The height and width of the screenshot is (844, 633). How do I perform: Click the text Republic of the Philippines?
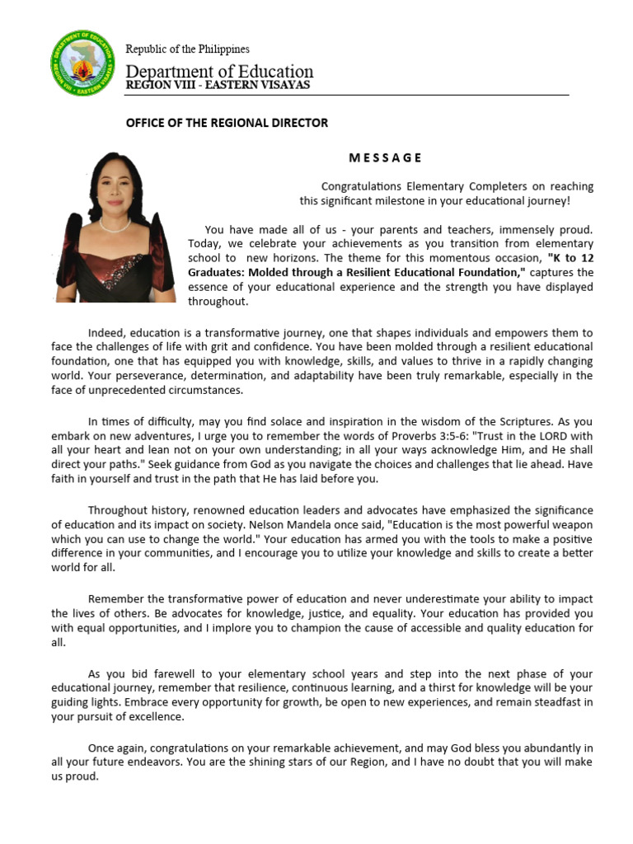coord(187,49)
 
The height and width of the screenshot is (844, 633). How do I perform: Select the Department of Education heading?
coord(219,71)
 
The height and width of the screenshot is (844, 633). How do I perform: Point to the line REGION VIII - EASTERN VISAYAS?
coord(218,86)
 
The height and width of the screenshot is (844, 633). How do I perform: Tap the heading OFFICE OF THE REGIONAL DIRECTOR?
coord(227,123)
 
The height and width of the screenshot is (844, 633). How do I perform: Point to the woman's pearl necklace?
coord(115,224)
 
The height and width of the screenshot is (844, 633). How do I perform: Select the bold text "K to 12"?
coord(570,258)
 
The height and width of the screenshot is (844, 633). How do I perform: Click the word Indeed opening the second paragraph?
coord(106,332)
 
